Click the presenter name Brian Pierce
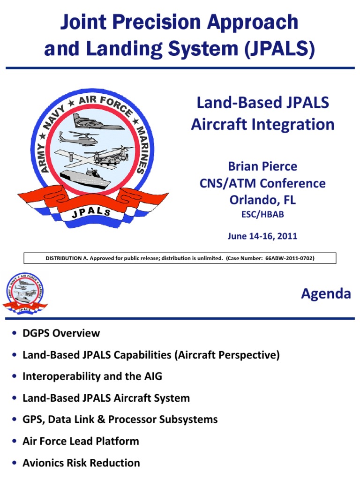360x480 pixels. pyautogui.click(x=262, y=166)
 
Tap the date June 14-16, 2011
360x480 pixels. pyautogui.click(x=262, y=236)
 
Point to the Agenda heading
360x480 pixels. pyautogui.click(x=326, y=294)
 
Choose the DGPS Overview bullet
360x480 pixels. pyautogui.click(x=61, y=333)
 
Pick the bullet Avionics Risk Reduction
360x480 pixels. pyautogui.click(x=81, y=463)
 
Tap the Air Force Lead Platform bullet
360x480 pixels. pyautogui.click(x=81, y=441)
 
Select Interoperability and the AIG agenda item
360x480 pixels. pyautogui.click(x=92, y=376)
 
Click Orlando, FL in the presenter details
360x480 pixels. pyautogui.click(x=262, y=200)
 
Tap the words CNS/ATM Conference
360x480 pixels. pyautogui.click(x=262, y=183)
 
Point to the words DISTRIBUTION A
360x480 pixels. pyautogui.click(x=67, y=258)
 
